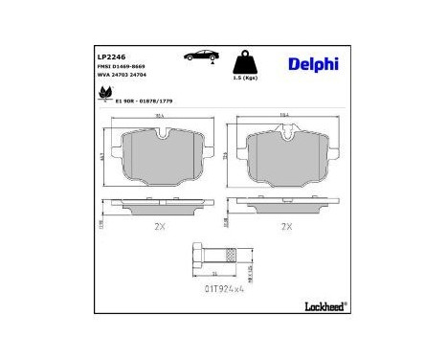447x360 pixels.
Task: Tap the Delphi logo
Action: click(x=312, y=64)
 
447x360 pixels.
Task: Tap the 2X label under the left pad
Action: click(x=158, y=226)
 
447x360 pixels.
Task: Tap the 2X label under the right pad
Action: click(x=284, y=226)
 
